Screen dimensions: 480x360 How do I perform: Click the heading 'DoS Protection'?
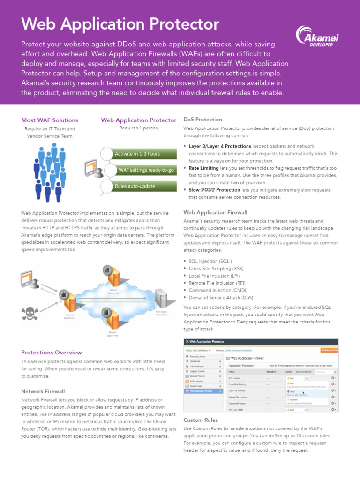tap(202, 120)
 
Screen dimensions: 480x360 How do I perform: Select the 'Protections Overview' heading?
tap(52, 352)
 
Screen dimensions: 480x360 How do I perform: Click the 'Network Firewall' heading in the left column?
tap(43, 391)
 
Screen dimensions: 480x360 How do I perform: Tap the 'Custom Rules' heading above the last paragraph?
tap(201, 420)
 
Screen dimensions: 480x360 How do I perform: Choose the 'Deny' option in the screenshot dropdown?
tap(292, 391)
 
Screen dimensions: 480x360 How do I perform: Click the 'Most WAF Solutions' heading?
tap(50, 120)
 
